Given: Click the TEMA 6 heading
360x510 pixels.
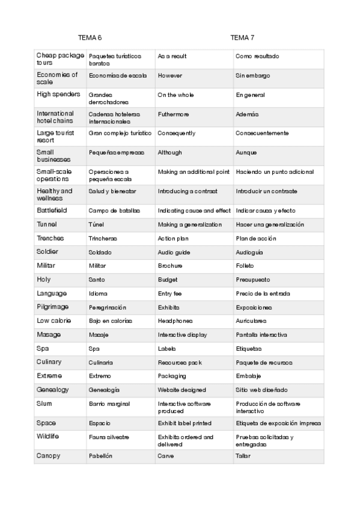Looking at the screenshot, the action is pyautogui.click(x=90, y=37).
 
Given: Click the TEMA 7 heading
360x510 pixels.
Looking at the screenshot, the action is pyautogui.click(x=242, y=37).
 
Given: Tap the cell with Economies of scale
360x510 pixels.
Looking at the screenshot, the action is pyautogui.click(x=57, y=78).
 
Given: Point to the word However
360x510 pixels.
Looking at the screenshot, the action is pyautogui.click(x=169, y=76).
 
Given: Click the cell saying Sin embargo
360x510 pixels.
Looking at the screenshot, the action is pyautogui.click(x=252, y=76).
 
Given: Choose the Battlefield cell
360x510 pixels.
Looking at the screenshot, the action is pyautogui.click(x=52, y=210).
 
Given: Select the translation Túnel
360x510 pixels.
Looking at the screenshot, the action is pyautogui.click(x=96, y=224).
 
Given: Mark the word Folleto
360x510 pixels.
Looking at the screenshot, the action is pyautogui.click(x=245, y=266).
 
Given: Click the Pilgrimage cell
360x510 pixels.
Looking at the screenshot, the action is pyautogui.click(x=52, y=307).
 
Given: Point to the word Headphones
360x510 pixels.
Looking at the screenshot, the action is pyautogui.click(x=175, y=321).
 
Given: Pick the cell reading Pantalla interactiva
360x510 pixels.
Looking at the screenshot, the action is pyautogui.click(x=261, y=334).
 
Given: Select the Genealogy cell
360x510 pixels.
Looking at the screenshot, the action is pyautogui.click(x=52, y=389).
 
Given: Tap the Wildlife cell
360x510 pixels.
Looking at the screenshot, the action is pyautogui.click(x=47, y=436).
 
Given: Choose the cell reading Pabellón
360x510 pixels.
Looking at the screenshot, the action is pyautogui.click(x=100, y=456).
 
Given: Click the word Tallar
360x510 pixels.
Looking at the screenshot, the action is pyautogui.click(x=243, y=456).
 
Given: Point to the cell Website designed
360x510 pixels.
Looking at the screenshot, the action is pyautogui.click(x=182, y=390).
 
